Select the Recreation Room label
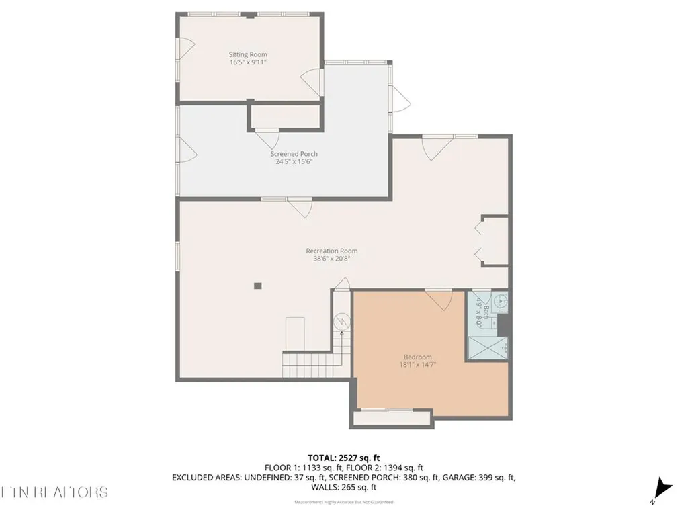coord(331,251)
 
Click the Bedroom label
coord(417,357)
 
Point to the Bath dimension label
coord(480,312)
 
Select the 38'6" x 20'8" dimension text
coord(331,259)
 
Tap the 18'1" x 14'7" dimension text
coord(417,365)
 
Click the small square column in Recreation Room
coord(257,286)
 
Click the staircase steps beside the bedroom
coord(306,366)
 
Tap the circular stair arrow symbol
coord(342,321)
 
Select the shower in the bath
coord(488,349)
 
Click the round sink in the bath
coord(500,303)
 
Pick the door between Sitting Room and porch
coord(310,81)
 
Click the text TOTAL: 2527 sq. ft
coord(343,458)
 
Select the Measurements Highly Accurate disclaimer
coord(343,502)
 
